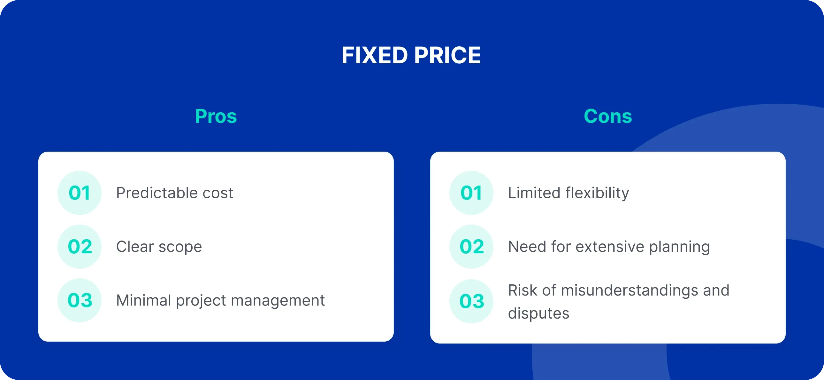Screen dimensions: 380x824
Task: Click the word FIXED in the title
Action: coord(374,55)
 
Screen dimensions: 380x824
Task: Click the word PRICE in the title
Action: coord(447,55)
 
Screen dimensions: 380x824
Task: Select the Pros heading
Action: coord(216,116)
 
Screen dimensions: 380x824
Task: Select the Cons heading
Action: coord(608,116)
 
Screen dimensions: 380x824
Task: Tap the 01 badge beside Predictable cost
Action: coord(79,193)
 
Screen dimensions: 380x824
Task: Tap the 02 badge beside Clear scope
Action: coord(79,247)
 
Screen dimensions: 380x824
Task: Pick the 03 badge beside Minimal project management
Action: coord(79,300)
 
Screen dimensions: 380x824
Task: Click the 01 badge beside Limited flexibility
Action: coord(471,193)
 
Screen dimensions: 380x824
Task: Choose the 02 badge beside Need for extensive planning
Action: coord(471,247)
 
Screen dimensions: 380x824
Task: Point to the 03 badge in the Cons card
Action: coord(471,301)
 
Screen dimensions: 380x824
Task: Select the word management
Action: coord(278,300)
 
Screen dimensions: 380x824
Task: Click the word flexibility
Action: coord(597,193)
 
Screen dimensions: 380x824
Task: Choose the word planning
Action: coord(679,247)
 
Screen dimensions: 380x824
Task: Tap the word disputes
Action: coord(538,313)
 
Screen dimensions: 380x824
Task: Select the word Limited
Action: coord(534,193)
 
